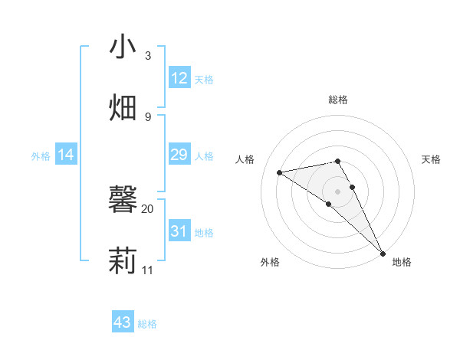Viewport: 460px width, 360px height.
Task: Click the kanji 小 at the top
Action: click(x=123, y=47)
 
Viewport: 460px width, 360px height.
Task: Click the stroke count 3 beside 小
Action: click(x=147, y=56)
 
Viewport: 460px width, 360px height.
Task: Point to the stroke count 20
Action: click(x=147, y=208)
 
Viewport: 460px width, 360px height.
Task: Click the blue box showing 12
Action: click(x=179, y=78)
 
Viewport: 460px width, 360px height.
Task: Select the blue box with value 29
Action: click(x=179, y=155)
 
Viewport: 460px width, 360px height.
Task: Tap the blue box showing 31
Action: click(x=179, y=231)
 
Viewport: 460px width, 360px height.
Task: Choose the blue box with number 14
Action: click(x=66, y=155)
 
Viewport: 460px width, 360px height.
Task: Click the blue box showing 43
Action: click(x=123, y=322)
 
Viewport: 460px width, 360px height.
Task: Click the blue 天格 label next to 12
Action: click(x=204, y=80)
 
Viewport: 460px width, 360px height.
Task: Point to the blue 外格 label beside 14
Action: click(x=41, y=156)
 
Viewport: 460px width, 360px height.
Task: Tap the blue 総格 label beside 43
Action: click(x=147, y=324)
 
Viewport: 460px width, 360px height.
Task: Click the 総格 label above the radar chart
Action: click(x=338, y=100)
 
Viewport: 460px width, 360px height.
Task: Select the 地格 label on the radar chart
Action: click(x=402, y=263)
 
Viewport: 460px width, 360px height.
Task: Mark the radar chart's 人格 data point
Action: click(x=280, y=172)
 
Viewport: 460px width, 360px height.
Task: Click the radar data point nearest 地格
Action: click(x=383, y=253)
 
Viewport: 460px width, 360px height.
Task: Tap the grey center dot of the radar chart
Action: click(x=338, y=190)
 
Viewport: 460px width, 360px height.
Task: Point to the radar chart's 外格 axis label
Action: click(x=270, y=263)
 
